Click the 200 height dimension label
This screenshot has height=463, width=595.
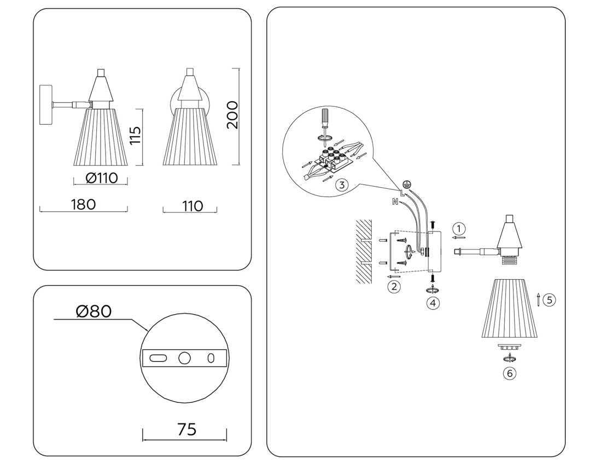click(x=233, y=115)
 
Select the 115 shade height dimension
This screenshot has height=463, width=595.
click(x=135, y=136)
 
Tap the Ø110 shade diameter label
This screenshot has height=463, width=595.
click(x=102, y=178)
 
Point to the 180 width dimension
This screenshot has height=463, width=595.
click(x=83, y=204)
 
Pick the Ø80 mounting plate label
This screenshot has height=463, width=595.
click(x=94, y=311)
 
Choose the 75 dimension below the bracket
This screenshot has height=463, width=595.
click(x=186, y=429)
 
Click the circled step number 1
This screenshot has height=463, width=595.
click(x=459, y=228)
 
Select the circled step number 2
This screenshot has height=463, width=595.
click(x=394, y=286)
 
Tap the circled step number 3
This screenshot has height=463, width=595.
click(x=341, y=184)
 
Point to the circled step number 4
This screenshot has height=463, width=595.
click(x=433, y=302)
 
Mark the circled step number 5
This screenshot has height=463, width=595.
click(x=550, y=299)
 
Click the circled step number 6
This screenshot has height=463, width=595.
click(x=510, y=373)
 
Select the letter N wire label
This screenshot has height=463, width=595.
click(x=395, y=202)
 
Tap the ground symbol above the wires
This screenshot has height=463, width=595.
click(x=406, y=185)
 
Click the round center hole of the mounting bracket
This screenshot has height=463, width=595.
click(x=184, y=358)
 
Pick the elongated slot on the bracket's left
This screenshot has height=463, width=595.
click(x=159, y=358)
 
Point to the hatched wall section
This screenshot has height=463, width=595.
click(x=363, y=252)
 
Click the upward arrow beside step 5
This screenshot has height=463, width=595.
click(x=539, y=299)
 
